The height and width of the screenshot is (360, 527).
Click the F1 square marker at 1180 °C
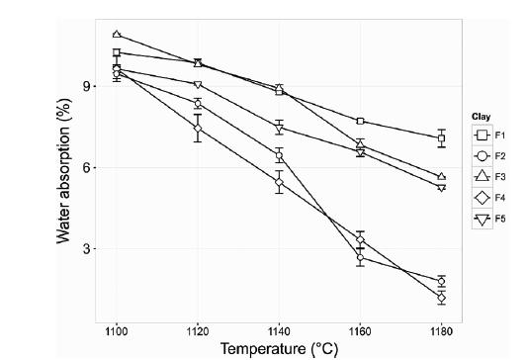coord(441,138)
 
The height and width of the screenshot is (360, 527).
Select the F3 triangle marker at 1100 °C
coord(117,35)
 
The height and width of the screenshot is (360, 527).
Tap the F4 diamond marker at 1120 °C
coord(198,129)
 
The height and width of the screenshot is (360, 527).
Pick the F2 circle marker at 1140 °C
coord(279,156)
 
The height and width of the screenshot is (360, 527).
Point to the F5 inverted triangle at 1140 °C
coord(279,129)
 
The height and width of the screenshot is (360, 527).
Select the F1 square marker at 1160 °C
coord(360,121)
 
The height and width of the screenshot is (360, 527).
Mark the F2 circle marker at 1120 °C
coord(198,104)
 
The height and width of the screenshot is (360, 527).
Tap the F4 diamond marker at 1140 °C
coord(279,183)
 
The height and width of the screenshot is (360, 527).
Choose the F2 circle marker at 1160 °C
coord(360,257)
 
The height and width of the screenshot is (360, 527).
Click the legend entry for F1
coord(492,135)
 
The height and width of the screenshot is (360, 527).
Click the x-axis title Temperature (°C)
coord(280,347)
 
